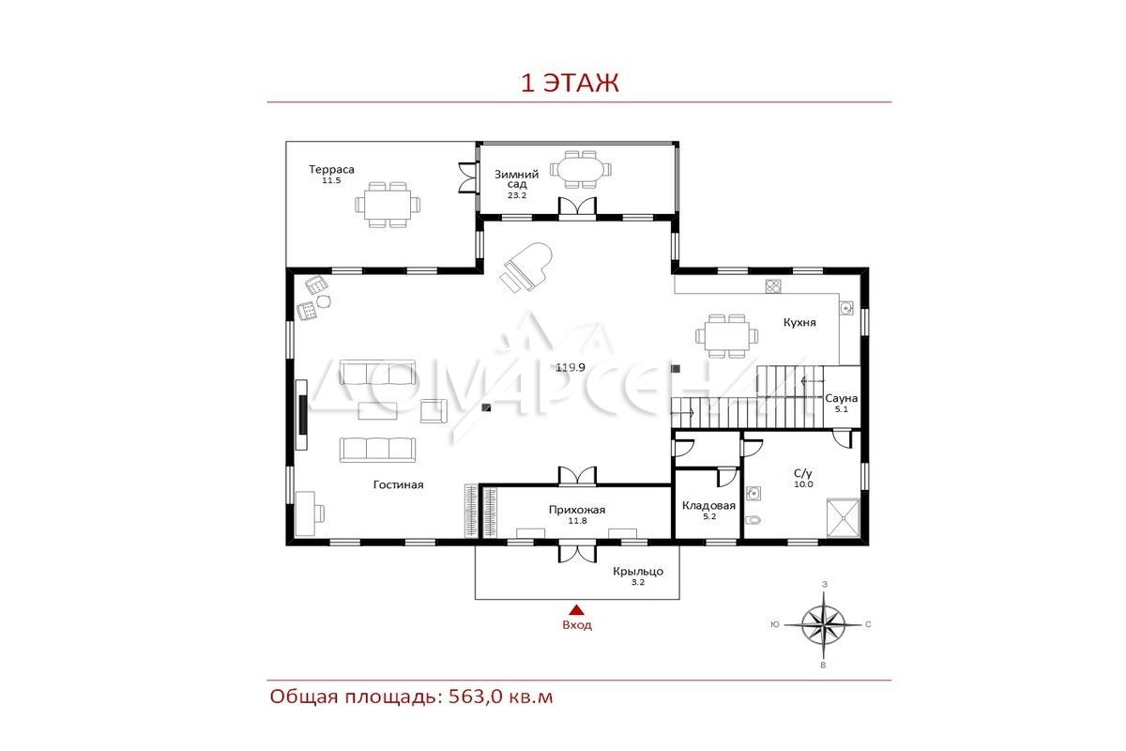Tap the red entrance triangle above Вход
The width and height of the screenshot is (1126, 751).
pyautogui.click(x=576, y=610)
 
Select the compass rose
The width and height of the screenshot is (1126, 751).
pyautogui.click(x=823, y=625)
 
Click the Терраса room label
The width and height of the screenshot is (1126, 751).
pyautogui.click(x=331, y=170)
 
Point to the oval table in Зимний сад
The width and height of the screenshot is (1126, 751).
pyautogui.click(x=581, y=169)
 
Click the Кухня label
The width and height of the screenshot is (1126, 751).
pyautogui.click(x=799, y=322)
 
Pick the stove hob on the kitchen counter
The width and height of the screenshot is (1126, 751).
pyautogui.click(x=773, y=285)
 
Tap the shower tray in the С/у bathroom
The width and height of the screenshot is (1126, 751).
pyautogui.click(x=843, y=517)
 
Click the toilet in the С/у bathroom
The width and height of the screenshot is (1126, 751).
pyautogui.click(x=753, y=520)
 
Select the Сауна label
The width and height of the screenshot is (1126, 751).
pyautogui.click(x=841, y=398)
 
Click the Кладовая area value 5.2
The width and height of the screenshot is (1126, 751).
pyautogui.click(x=709, y=516)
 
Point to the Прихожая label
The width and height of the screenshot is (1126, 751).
pyautogui.click(x=577, y=510)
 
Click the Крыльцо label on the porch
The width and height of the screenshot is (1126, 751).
pyautogui.click(x=638, y=572)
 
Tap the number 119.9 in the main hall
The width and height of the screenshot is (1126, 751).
pyautogui.click(x=571, y=368)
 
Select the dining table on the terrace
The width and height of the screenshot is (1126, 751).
pyautogui.click(x=388, y=205)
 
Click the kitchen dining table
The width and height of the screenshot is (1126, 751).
pyautogui.click(x=727, y=335)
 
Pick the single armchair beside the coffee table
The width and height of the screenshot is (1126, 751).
pyautogui.click(x=434, y=410)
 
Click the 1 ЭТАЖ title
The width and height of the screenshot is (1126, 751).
pyautogui.click(x=570, y=83)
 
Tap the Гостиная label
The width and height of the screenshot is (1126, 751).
pyautogui.click(x=398, y=485)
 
